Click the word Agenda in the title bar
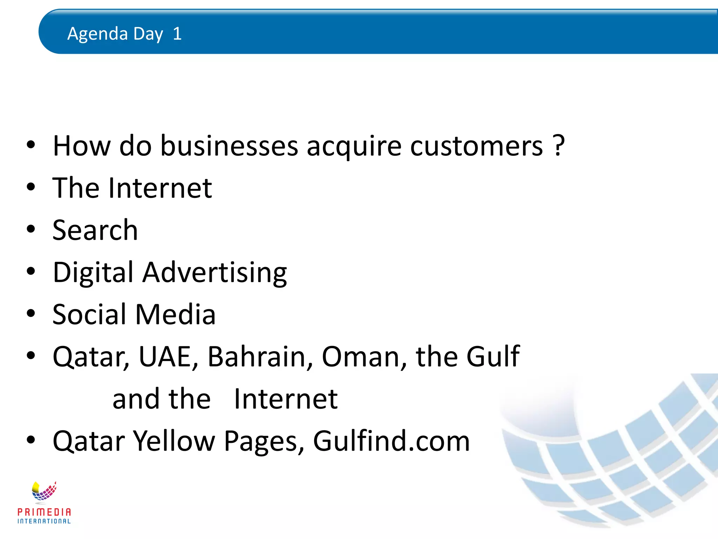(97, 34)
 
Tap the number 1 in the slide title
(177, 34)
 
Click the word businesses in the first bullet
(229, 146)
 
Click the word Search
(95, 230)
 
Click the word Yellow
(174, 441)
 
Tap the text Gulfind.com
(391, 441)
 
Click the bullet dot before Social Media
(31, 313)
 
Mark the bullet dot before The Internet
(31, 187)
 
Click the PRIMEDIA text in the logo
(44, 512)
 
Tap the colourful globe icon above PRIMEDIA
(44, 491)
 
